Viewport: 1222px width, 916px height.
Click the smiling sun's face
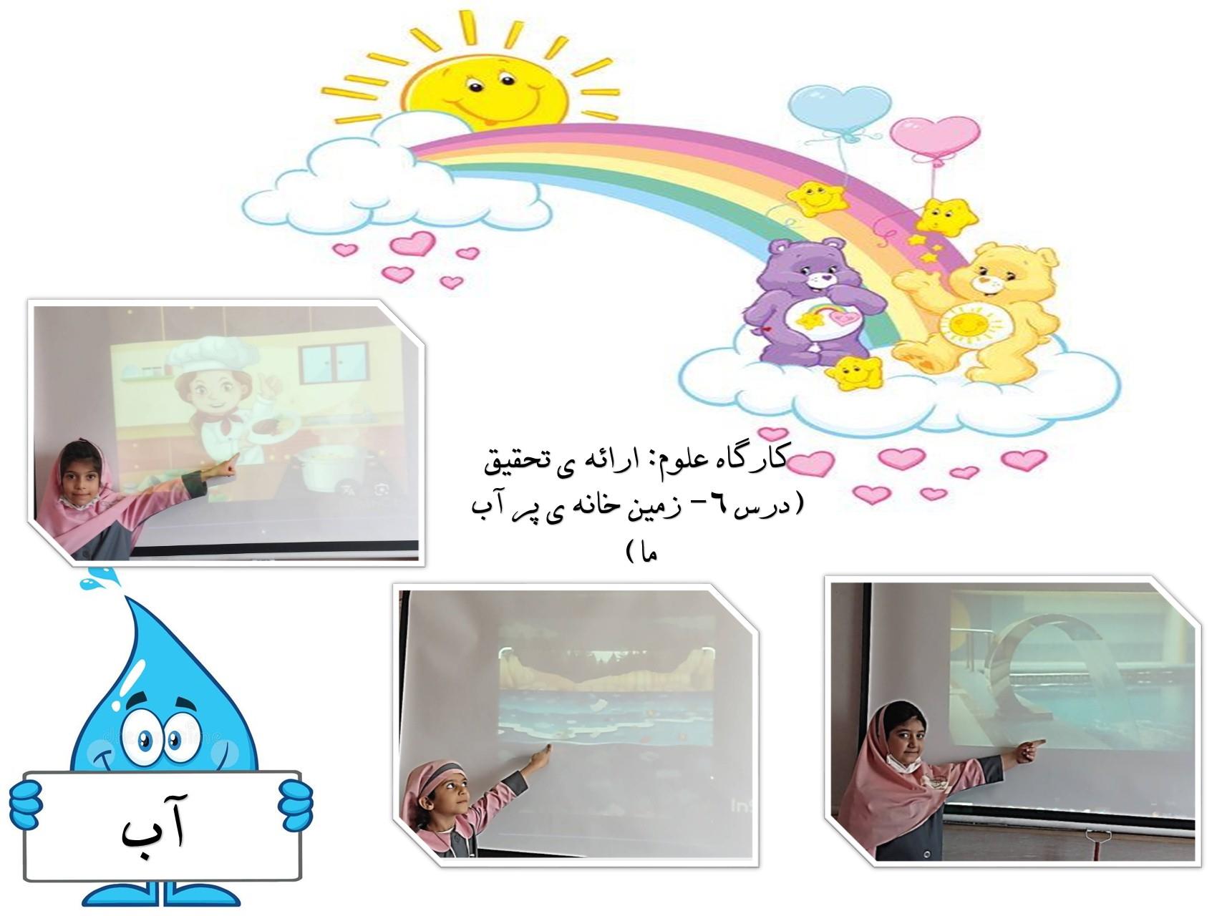click(484, 84)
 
